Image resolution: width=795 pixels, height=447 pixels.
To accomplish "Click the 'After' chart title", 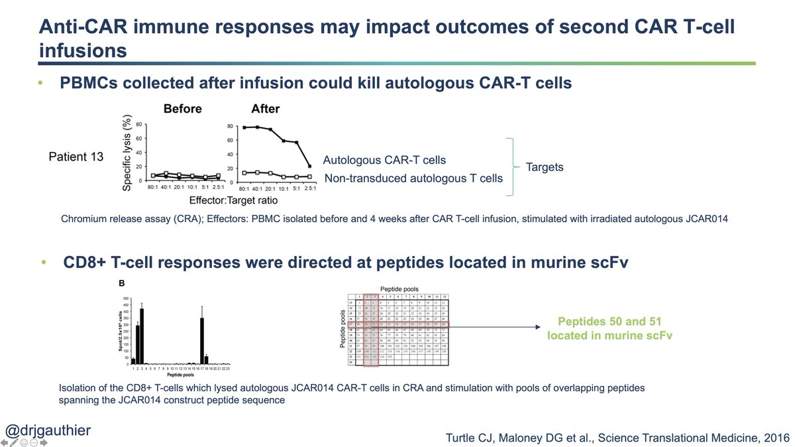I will tap(265, 109).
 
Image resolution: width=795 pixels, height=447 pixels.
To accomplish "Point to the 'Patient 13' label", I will tap(77, 157).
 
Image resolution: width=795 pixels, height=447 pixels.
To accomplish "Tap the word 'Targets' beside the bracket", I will tap(545, 167).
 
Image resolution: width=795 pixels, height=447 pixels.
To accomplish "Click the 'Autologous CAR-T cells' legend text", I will tap(384, 160).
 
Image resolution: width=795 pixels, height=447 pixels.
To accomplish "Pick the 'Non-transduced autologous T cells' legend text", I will tap(413, 178).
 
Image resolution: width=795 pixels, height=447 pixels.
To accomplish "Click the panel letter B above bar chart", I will tap(121, 283).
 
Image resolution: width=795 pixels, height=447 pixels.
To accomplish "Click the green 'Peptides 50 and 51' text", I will tap(609, 322).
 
